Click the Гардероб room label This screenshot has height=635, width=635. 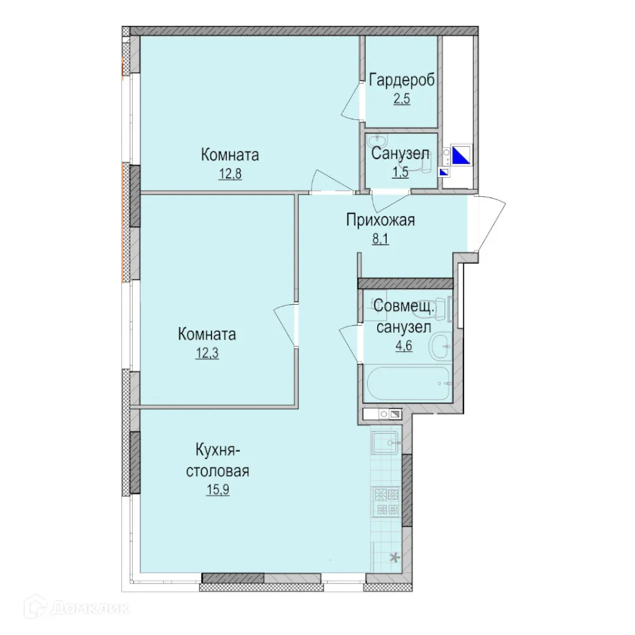click(x=402, y=81)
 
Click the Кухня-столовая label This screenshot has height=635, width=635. click(x=217, y=462)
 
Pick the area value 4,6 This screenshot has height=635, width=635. click(x=403, y=346)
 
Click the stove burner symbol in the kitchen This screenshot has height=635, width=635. click(x=385, y=493)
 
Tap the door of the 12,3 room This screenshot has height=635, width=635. click(x=285, y=324)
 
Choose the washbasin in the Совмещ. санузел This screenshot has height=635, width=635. click(x=439, y=346)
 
